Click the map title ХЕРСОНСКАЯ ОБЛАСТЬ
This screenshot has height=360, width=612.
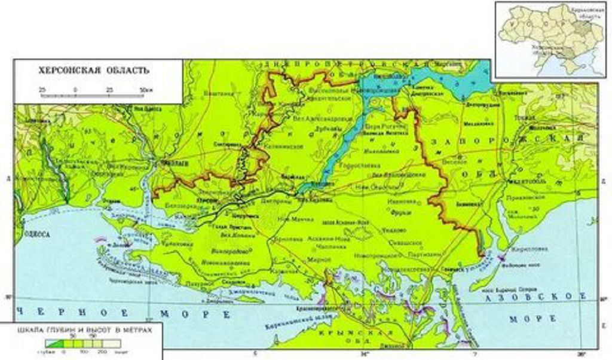94,71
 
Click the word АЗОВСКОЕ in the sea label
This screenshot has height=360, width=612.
521,297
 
